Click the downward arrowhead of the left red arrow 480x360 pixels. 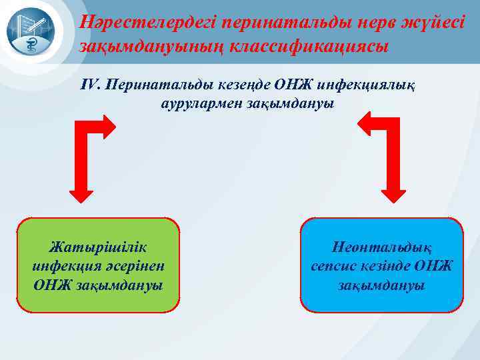pos(83,193)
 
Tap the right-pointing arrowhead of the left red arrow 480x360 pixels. pos(109,123)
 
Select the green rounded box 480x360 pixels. pos(98,265)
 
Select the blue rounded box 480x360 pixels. pos(381,265)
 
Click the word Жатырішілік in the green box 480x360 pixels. pos(98,245)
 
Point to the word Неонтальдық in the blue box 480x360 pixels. pos(381,245)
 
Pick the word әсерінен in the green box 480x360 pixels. pos(141,265)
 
